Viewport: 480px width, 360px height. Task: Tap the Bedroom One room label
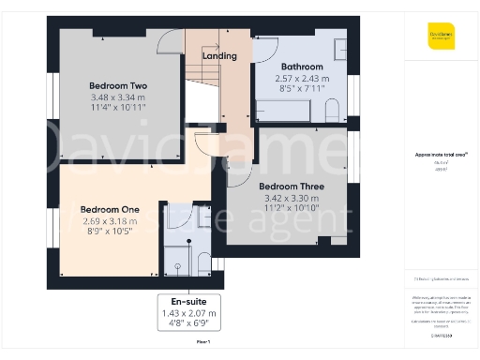(110, 209)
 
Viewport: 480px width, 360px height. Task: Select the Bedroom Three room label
(292, 186)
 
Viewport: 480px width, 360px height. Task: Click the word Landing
(220, 56)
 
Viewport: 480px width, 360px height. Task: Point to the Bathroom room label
(302, 67)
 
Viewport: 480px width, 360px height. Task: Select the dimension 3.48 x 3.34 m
(110, 97)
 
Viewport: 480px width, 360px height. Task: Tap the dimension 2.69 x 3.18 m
(110, 221)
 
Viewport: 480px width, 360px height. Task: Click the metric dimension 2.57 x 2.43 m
(302, 79)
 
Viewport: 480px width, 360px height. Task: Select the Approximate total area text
(441, 155)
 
